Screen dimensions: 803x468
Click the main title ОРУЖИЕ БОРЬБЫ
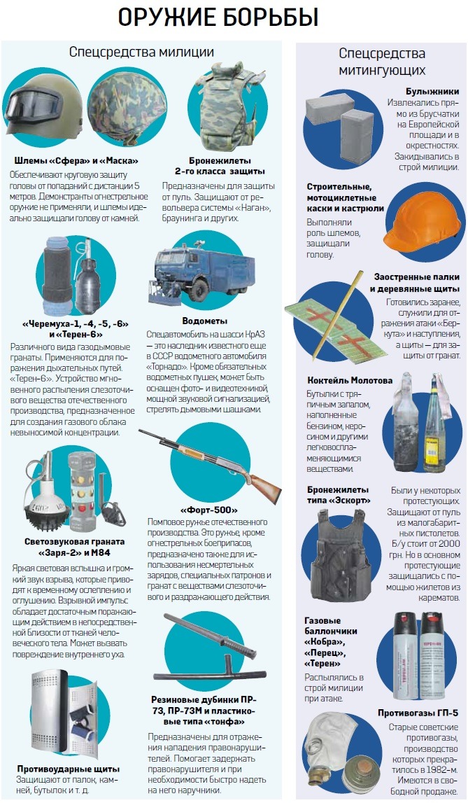tap(218, 18)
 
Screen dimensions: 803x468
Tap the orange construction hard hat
tap(419, 218)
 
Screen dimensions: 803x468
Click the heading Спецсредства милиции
tap(141, 52)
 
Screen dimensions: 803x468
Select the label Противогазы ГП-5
tap(418, 712)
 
